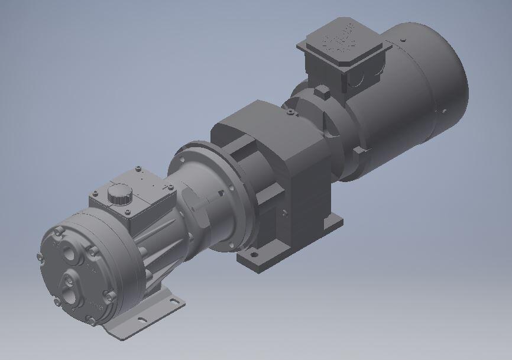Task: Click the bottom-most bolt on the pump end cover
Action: [90, 320]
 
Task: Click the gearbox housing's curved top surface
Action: [248, 118]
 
